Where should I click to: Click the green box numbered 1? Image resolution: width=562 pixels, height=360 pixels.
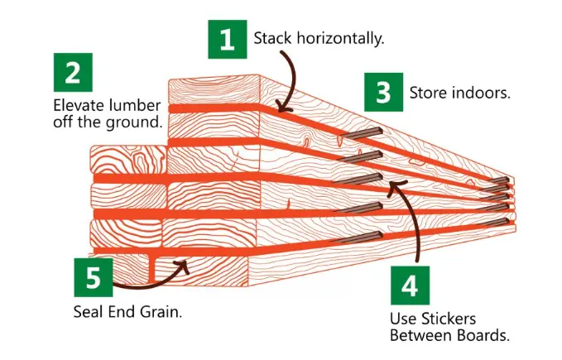228,39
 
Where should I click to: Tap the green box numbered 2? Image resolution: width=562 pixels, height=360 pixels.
73,72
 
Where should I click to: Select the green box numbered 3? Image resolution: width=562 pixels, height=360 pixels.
383,92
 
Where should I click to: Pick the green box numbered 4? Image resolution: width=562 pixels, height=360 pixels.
410,286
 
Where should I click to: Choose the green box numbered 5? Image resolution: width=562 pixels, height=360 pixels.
94,277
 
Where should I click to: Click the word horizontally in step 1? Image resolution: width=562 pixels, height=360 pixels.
340,38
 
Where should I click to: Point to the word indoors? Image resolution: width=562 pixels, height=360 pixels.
481,94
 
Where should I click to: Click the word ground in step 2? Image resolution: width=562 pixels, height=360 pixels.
134,122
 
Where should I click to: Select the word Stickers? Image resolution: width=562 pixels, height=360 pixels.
449,319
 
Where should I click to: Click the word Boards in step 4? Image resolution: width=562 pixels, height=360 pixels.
483,336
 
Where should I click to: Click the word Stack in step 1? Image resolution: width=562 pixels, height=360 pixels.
272,38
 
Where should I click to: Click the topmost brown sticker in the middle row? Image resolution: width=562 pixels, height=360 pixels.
361,133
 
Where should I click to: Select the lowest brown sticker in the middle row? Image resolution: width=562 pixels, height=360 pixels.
357,237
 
